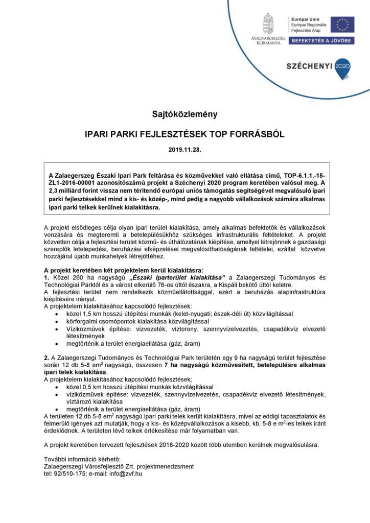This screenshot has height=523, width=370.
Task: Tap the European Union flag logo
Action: tap(342, 24)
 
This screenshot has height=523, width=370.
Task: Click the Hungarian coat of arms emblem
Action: tap(268, 23)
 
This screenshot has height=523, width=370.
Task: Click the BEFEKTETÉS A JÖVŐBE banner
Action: tap(321, 40)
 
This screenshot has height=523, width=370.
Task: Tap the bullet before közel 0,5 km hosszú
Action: tap(56, 388)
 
